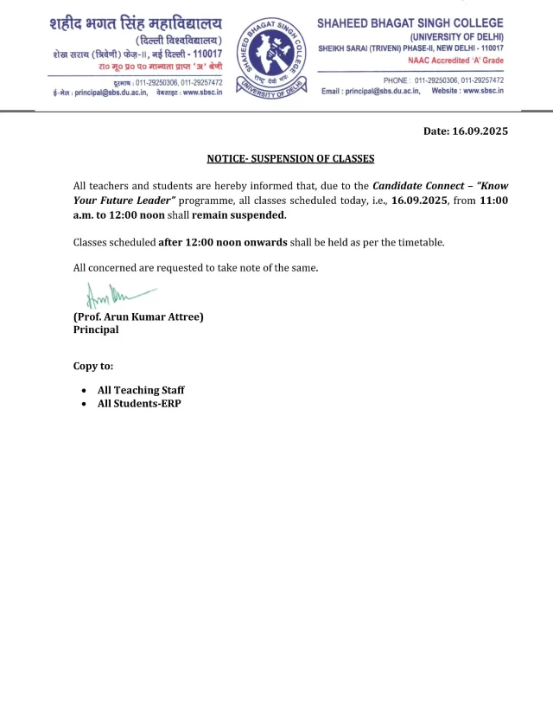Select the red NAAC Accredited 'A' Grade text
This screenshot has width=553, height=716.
pyautogui.click(x=455, y=61)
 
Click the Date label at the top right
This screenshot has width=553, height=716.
pyautogui.click(x=435, y=131)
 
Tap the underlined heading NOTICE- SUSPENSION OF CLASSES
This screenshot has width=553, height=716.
pyautogui.click(x=290, y=159)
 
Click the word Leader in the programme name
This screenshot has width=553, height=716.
pyautogui.click(x=146, y=201)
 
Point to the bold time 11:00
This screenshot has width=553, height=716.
pyautogui.click(x=493, y=201)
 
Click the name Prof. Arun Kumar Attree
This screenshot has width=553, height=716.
pyautogui.click(x=138, y=317)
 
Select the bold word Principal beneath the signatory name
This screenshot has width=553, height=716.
pyautogui.click(x=96, y=329)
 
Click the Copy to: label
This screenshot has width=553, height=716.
pyautogui.click(x=93, y=367)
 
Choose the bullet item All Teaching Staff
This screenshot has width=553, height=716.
pyautogui.click(x=141, y=391)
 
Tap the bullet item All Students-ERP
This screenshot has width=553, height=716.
pyautogui.click(x=139, y=404)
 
